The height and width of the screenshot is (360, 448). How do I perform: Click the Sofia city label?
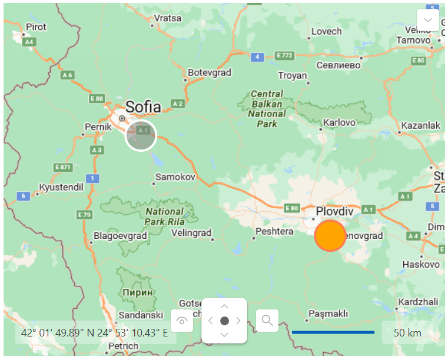(x=142, y=107)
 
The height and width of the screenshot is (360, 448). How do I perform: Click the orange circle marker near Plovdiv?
(x=331, y=235)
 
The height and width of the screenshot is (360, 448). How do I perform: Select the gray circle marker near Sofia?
(x=141, y=136)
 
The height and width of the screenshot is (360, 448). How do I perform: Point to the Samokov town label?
(x=175, y=176)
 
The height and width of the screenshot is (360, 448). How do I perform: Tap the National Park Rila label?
(x=165, y=216)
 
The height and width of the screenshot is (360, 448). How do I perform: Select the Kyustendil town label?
(x=61, y=187)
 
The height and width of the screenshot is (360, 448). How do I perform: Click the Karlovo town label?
(x=340, y=123)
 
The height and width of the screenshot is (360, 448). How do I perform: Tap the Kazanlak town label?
(x=420, y=125)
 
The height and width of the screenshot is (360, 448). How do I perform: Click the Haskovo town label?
(x=420, y=264)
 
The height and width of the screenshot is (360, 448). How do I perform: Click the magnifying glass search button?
(x=267, y=320)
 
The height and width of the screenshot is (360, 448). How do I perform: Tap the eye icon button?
(x=182, y=321)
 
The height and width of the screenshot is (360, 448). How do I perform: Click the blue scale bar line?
(x=333, y=332)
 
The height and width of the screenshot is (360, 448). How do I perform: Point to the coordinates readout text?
(x=95, y=333)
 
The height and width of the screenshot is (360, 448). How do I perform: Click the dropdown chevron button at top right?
(x=427, y=20)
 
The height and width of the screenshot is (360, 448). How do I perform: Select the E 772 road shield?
(x=284, y=56)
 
